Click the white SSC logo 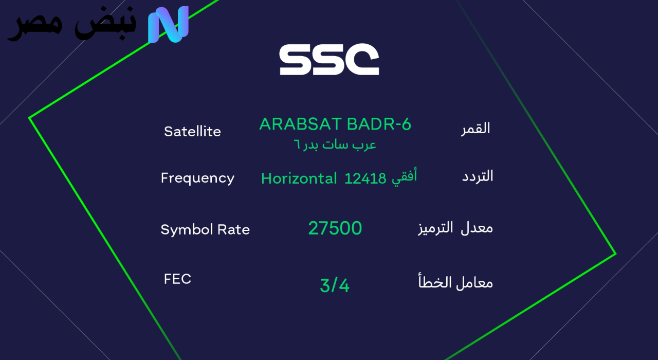coord(329,60)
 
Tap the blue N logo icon coord(168,24)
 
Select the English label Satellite coord(192,132)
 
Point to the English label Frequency coord(197,178)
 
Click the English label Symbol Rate coord(205,229)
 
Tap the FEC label coord(177,279)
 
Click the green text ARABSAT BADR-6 coord(335,124)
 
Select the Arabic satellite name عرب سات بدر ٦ coord(335,145)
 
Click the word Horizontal coord(299,178)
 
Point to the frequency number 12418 coord(365,178)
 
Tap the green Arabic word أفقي coord(404,177)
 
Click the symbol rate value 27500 coord(335,228)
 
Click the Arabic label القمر coord(476,128)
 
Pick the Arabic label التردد coord(478,176)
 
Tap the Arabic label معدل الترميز coord(455,228)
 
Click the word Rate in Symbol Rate coord(233,229)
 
